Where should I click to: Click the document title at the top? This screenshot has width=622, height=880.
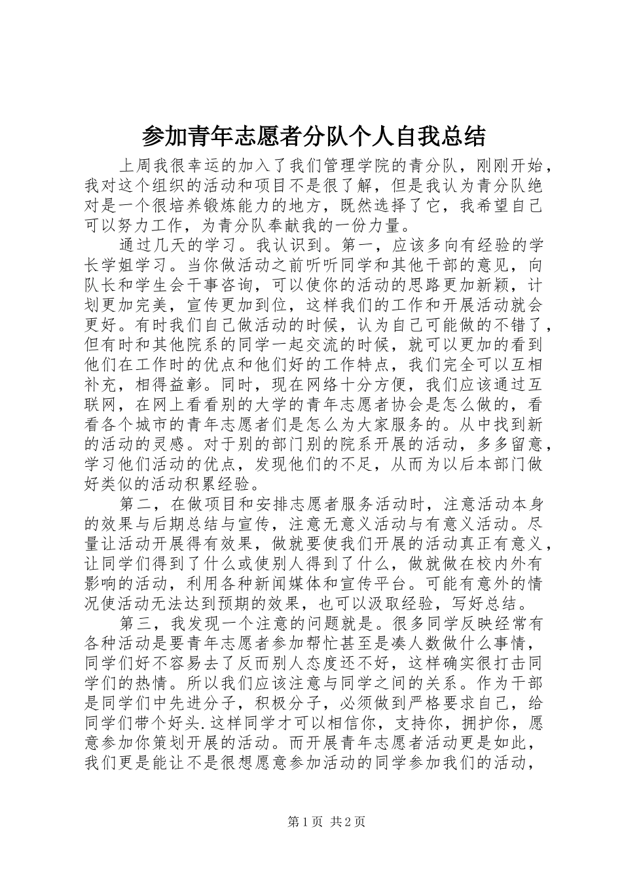point(313,137)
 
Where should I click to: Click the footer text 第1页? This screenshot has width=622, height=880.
point(304,840)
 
